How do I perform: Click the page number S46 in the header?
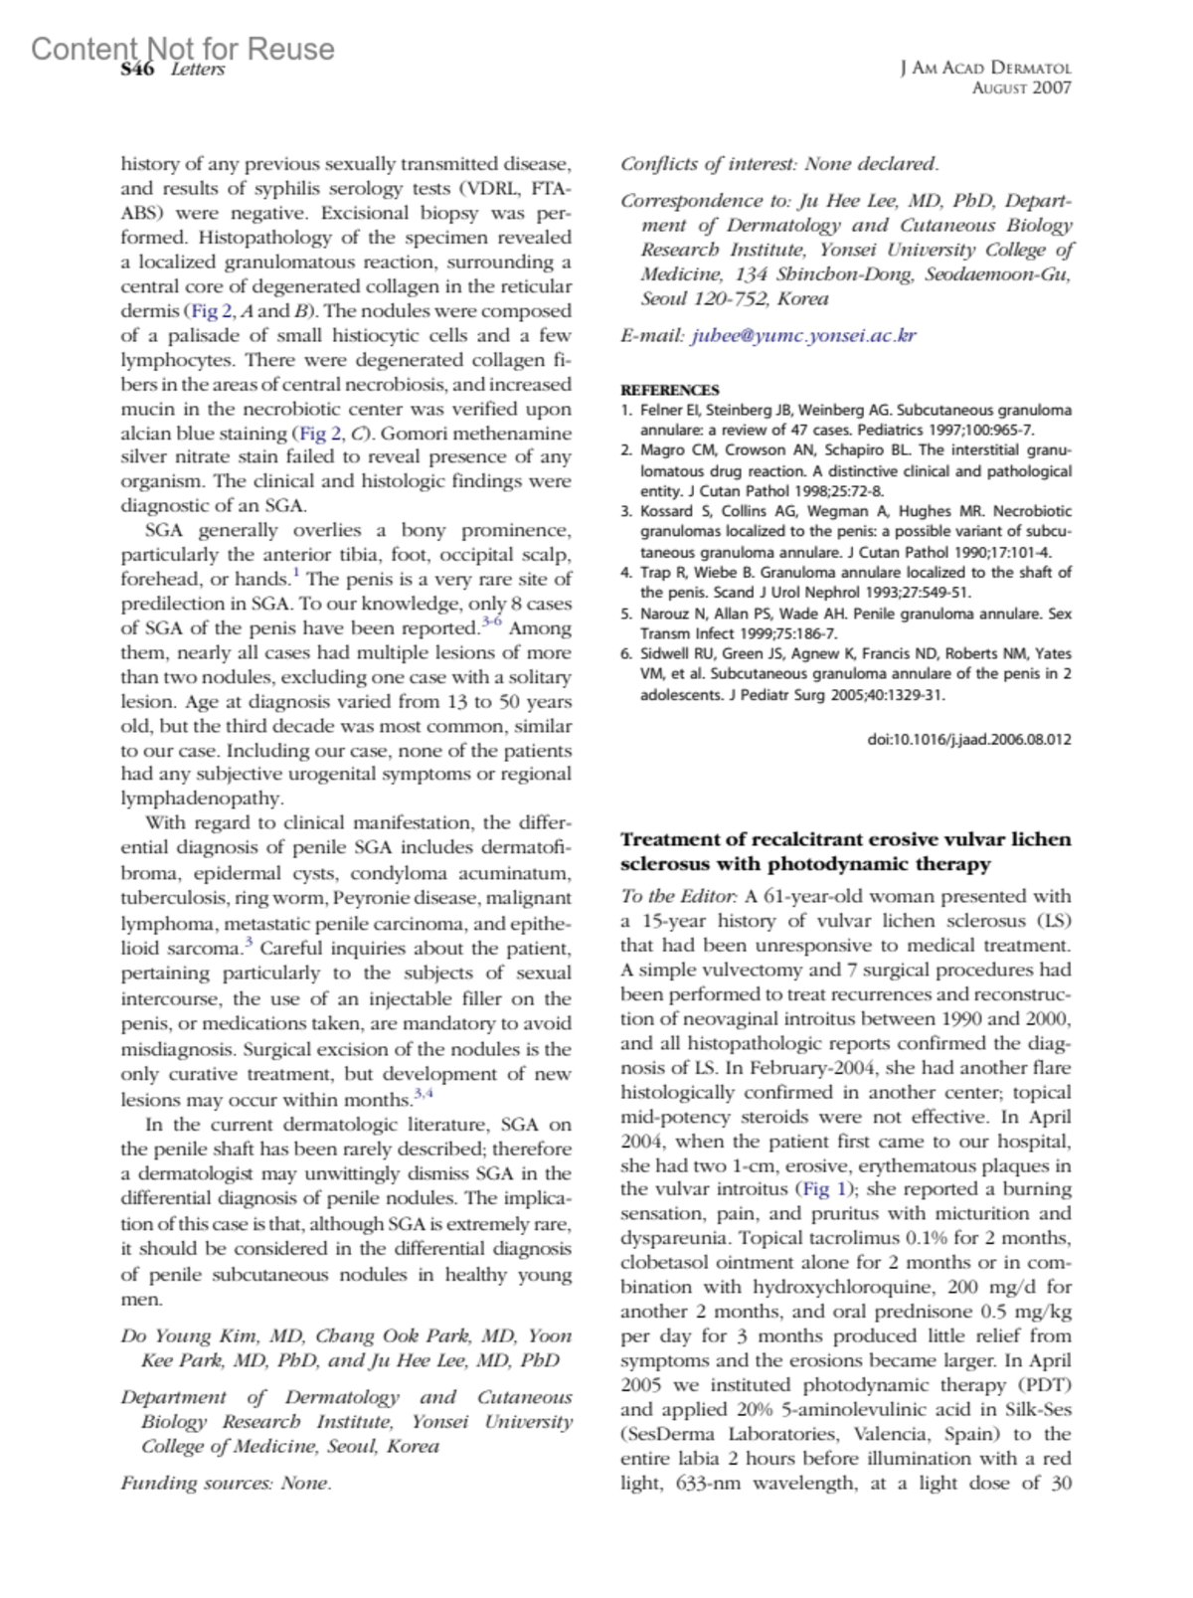137,70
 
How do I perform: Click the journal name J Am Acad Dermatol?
985,69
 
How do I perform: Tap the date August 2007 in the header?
1021,88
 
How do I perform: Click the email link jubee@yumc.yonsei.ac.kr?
803,335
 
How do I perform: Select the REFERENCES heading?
669,390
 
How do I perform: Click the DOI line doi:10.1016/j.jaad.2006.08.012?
969,739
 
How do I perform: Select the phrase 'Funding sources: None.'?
226,1483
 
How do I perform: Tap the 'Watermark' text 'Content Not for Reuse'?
183,48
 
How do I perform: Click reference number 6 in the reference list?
625,653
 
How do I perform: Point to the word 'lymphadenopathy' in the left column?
202,799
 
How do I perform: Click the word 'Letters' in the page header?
198,70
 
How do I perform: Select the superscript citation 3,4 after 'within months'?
424,1095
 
